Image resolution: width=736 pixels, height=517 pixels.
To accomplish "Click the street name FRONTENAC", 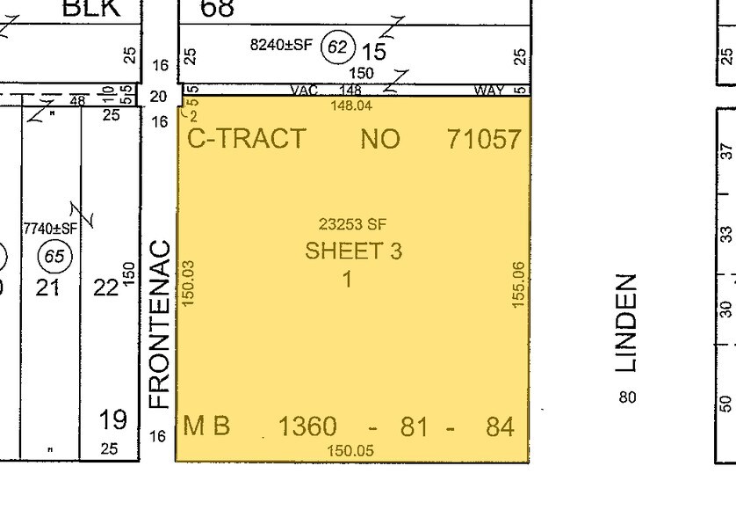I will (158, 324).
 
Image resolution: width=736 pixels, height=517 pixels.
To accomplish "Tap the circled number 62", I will (337, 47).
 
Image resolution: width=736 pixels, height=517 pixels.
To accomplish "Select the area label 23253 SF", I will (352, 225).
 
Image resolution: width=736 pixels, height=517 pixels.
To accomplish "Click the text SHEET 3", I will (353, 251).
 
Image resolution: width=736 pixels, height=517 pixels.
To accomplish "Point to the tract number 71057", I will (484, 139).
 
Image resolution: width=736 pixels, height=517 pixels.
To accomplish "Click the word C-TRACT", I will (247, 139).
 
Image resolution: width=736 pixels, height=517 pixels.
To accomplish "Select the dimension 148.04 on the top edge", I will (350, 106).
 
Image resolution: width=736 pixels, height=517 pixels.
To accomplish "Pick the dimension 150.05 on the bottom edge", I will (350, 450).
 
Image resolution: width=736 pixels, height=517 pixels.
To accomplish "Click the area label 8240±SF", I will (280, 45).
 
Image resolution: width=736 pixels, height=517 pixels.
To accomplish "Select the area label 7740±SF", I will (51, 229).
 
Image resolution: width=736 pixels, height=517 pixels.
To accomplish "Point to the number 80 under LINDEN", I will (626, 397).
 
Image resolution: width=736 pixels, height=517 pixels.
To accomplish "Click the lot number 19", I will (114, 419).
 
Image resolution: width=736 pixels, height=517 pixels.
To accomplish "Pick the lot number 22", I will (105, 287).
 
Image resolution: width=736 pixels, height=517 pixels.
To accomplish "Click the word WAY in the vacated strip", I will (488, 90).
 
